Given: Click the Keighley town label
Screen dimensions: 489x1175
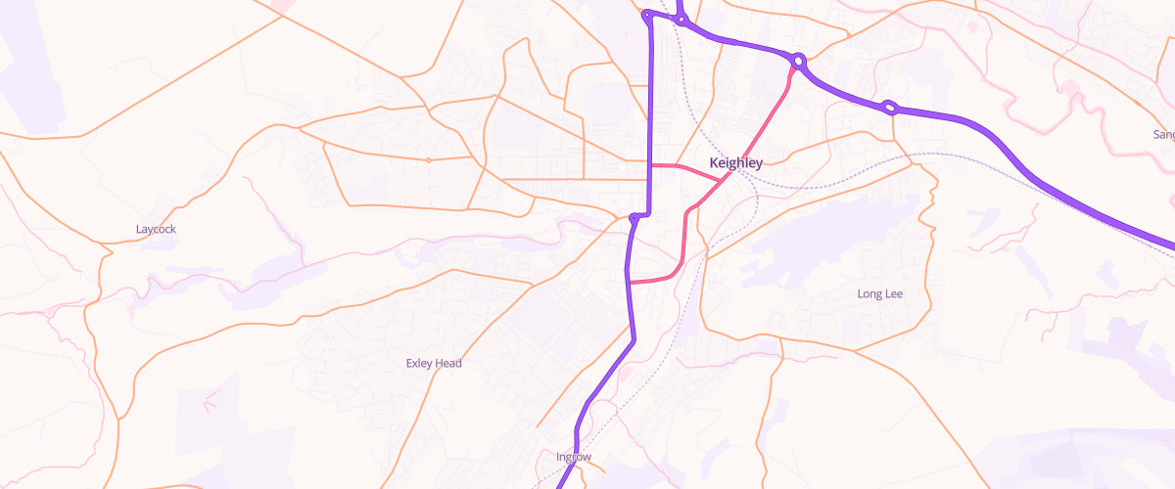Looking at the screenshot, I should coord(734,163).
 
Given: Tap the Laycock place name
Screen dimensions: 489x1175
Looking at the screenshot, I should coord(156,229).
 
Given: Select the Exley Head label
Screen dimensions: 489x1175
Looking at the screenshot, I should coord(433,364).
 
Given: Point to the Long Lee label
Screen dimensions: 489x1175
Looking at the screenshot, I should coord(879,293).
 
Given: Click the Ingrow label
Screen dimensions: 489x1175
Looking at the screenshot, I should coord(573,457).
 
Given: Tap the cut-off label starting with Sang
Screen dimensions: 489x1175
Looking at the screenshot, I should coord(1163,134).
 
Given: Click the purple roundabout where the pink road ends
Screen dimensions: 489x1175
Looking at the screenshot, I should coord(799,62).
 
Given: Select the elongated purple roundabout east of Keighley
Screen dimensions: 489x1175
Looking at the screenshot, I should coord(890,108).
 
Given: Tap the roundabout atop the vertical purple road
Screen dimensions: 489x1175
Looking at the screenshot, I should coord(647,16).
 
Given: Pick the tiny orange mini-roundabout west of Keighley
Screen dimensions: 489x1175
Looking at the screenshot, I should coord(428,159).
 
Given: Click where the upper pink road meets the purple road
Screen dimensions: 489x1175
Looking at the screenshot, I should coord(651,166).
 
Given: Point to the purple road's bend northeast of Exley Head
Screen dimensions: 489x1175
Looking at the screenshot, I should coord(634,339).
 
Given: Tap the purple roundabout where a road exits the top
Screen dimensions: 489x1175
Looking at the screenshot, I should coord(681,20).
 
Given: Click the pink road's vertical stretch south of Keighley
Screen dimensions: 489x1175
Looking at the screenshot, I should coord(682,240).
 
